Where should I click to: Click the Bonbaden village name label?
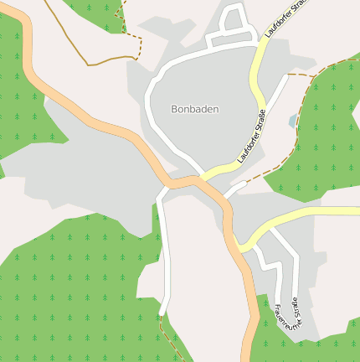coord(194,109)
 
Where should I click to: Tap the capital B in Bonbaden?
coord(174,109)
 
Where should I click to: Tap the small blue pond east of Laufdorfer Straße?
coord(292,122)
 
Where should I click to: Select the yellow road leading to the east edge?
coord(318,212)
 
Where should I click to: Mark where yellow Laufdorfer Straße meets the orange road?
coord(201,177)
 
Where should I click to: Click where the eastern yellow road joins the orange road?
coord(240,246)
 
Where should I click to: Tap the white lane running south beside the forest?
coord(166,251)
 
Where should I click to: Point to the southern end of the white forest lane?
coord(161,313)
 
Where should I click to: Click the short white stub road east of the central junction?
coord(235,187)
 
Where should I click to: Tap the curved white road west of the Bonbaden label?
coord(152,109)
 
